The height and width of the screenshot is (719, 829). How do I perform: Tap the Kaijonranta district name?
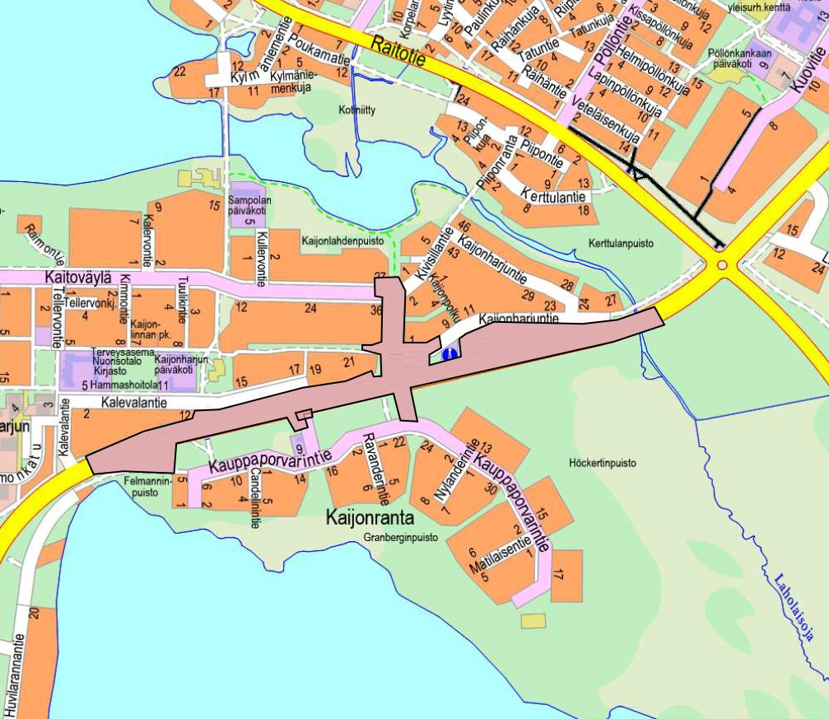point(369,519)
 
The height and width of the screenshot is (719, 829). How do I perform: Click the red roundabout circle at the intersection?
point(722,265)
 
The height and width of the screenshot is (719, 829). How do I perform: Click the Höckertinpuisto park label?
point(603,464)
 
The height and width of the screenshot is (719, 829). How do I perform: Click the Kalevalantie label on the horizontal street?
point(135,403)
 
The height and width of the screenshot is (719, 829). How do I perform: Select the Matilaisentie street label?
point(499,558)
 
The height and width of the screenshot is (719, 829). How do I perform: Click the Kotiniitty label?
point(356,108)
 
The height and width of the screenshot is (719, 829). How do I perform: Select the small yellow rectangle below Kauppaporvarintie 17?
point(533,619)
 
